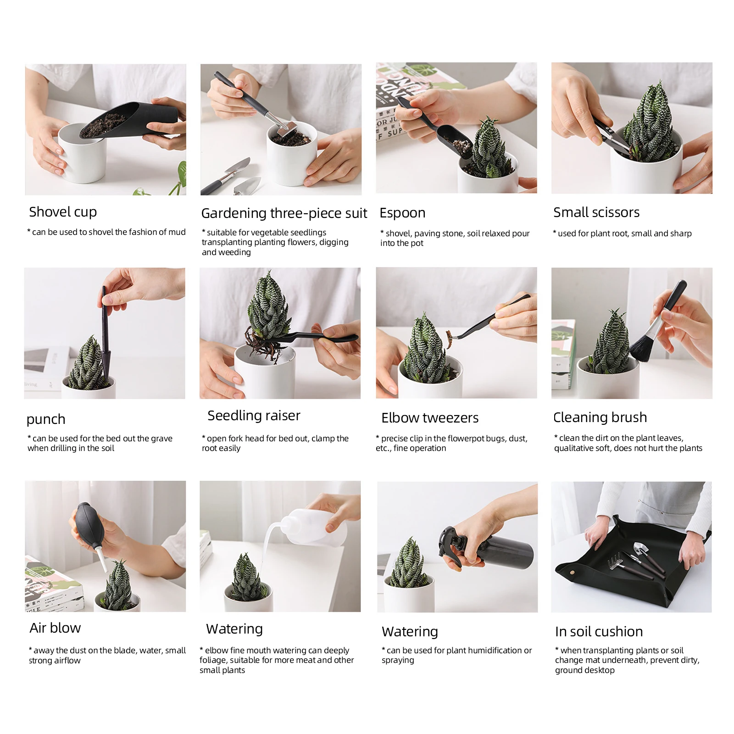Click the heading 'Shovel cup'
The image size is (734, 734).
[63, 212]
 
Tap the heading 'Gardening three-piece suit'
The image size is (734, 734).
[284, 213]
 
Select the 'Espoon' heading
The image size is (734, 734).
[402, 213]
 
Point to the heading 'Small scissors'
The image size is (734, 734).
[596, 212]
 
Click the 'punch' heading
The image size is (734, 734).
[46, 419]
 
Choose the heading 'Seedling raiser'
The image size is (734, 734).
[254, 416]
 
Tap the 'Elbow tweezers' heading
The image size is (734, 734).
[430, 418]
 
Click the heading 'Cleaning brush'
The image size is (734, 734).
[600, 417]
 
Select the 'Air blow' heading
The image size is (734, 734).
[55, 628]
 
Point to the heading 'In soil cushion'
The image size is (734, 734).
[599, 632]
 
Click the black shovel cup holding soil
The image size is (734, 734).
[128, 120]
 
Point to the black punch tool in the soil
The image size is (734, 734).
[105, 335]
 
